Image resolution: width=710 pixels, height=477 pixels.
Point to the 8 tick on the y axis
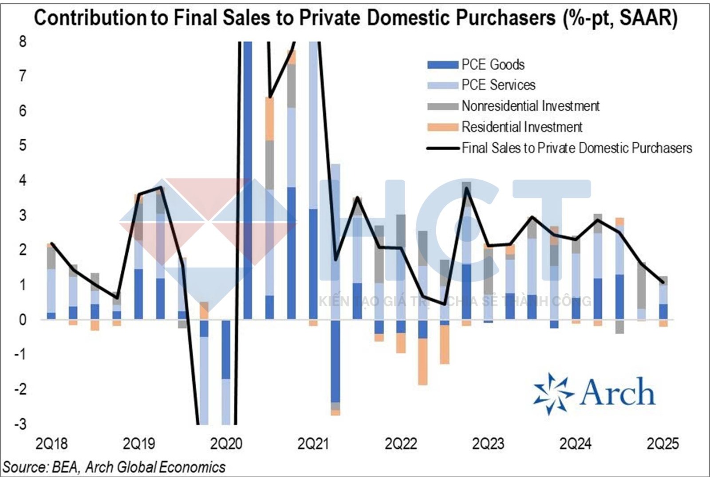coord(23,42)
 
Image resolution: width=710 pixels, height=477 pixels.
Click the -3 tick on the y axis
coord(20,424)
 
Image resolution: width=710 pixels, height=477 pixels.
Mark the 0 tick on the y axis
coord(23,320)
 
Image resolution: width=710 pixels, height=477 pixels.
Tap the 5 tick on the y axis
coord(23,145)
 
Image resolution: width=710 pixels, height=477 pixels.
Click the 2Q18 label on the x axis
coord(51,444)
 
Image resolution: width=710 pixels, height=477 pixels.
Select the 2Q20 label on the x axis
coord(226,444)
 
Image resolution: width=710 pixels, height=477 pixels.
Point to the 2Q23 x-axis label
coord(488,444)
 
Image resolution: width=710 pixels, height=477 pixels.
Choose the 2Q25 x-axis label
coord(663,444)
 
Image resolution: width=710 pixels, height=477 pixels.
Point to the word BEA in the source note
coord(65,467)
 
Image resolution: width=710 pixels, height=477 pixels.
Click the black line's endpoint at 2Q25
coord(663,282)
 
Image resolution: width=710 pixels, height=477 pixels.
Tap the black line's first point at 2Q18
coord(51,243)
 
